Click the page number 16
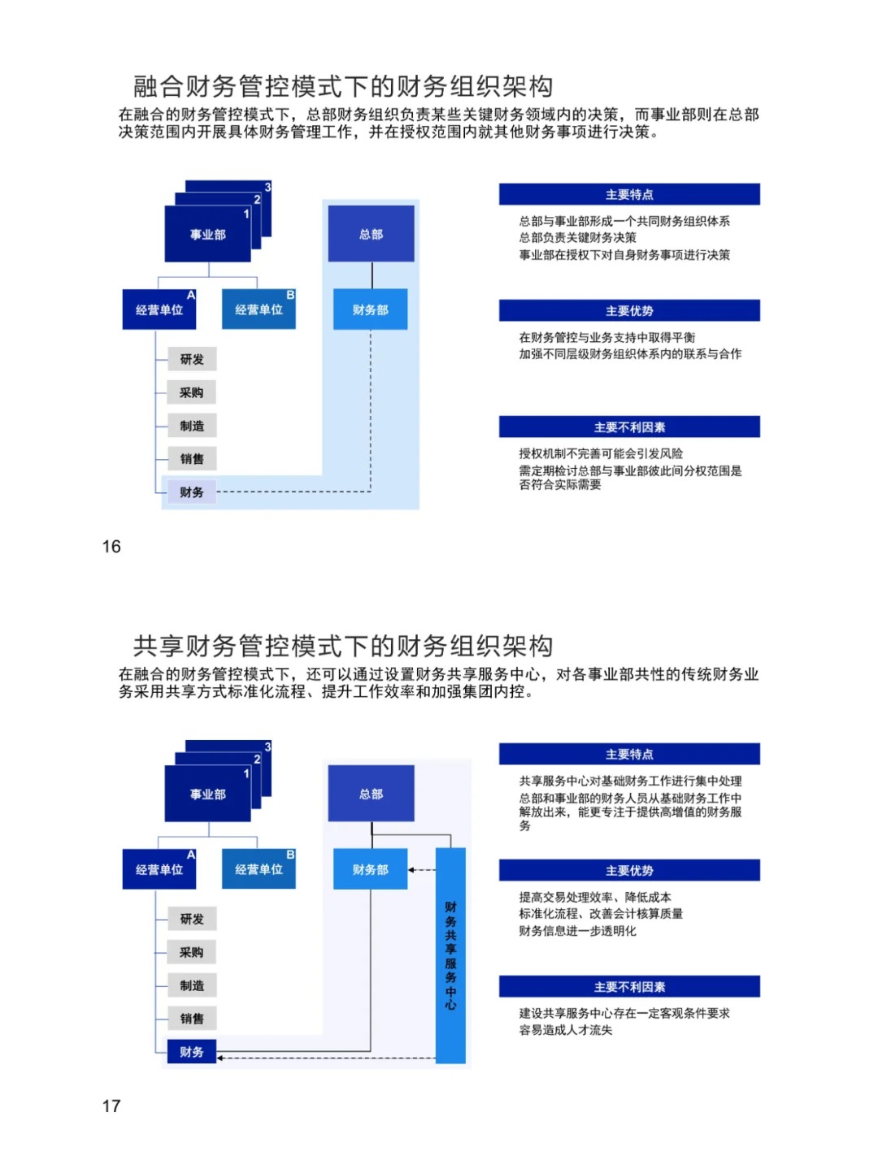coord(111,547)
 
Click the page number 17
coord(111,1106)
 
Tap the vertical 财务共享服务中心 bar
coord(450,955)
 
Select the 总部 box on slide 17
coord(371,794)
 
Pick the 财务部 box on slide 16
coord(370,310)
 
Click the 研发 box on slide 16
coord(192,359)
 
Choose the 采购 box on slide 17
coord(192,952)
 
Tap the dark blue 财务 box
coord(192,1052)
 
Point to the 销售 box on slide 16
coord(192,459)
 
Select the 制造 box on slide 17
coord(192,985)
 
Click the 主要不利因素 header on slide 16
coord(629,427)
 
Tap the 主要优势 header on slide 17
coord(629,871)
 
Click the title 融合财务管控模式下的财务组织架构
coord(343,86)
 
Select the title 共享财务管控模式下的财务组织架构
coord(343,646)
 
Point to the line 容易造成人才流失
coord(566,1030)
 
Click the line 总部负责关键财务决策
coord(577,238)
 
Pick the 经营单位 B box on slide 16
coord(259,310)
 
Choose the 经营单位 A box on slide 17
coord(159,869)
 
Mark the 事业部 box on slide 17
coord(207,794)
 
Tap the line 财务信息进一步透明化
coord(577,931)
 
